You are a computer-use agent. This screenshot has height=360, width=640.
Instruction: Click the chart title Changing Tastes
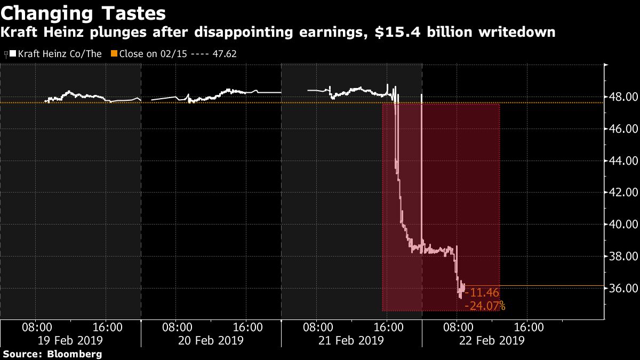pyautogui.click(x=83, y=12)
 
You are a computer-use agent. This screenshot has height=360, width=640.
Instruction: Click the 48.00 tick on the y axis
pyautogui.click(x=623, y=97)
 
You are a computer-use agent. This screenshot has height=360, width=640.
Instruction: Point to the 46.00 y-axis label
pyautogui.click(x=623, y=129)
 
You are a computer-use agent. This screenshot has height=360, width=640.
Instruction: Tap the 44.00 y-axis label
pyautogui.click(x=623, y=161)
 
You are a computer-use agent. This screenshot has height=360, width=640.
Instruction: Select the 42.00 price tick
pyautogui.click(x=623, y=193)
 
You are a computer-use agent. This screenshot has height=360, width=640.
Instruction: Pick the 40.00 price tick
pyautogui.click(x=623, y=225)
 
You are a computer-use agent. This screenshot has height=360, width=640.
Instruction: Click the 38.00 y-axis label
pyautogui.click(x=623, y=256)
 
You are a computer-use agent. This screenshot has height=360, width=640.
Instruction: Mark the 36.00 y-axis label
pyautogui.click(x=623, y=288)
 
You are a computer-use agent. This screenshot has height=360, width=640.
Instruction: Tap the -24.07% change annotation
pyautogui.click(x=485, y=306)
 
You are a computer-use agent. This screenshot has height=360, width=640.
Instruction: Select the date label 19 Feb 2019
pyautogui.click(x=71, y=340)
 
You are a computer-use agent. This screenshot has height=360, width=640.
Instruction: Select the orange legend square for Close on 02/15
pyautogui.click(x=114, y=54)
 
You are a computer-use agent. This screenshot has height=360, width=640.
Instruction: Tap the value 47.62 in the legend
pyautogui.click(x=224, y=54)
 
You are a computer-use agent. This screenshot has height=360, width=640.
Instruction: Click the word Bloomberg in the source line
pyautogui.click(x=74, y=354)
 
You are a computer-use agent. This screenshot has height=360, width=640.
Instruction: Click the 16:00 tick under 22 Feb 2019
pyautogui.click(x=528, y=326)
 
